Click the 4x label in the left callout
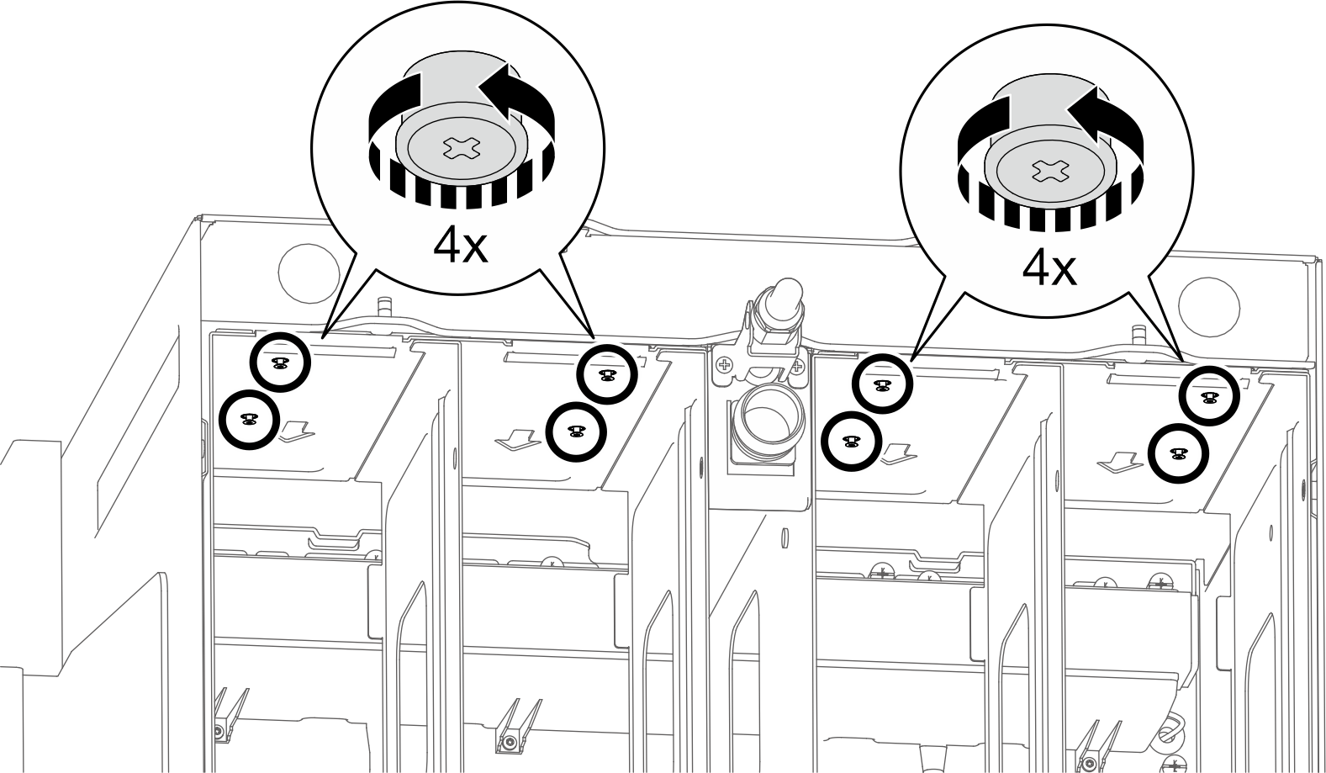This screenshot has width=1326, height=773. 460,245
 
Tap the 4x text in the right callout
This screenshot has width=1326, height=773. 1049,268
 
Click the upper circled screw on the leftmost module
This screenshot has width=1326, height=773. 281,363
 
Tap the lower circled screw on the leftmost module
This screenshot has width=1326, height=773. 248,419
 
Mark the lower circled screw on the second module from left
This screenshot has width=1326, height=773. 575,432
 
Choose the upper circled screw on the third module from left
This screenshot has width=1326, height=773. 881,384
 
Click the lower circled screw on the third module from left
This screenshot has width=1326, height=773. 851,442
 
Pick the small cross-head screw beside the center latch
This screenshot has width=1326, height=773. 722,366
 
